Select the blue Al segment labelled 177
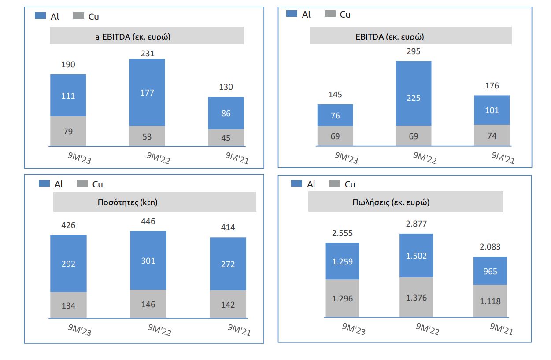[x=147, y=92]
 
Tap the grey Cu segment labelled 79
[x=68, y=131]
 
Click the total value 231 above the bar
[x=147, y=53]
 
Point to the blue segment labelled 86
[x=226, y=113]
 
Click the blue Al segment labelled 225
[x=413, y=98]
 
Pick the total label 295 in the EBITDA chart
[x=413, y=51]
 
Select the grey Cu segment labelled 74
[x=492, y=136]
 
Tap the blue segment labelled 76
[x=335, y=116]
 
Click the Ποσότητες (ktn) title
[x=127, y=203]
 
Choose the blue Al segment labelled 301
[x=148, y=261]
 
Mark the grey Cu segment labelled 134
[x=68, y=305]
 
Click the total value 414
[x=228, y=228]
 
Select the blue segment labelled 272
[x=228, y=264]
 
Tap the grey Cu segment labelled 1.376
[x=416, y=298]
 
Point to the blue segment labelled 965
[x=490, y=271]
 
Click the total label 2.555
[x=342, y=233]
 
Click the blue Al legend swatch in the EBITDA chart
[x=292, y=14]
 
